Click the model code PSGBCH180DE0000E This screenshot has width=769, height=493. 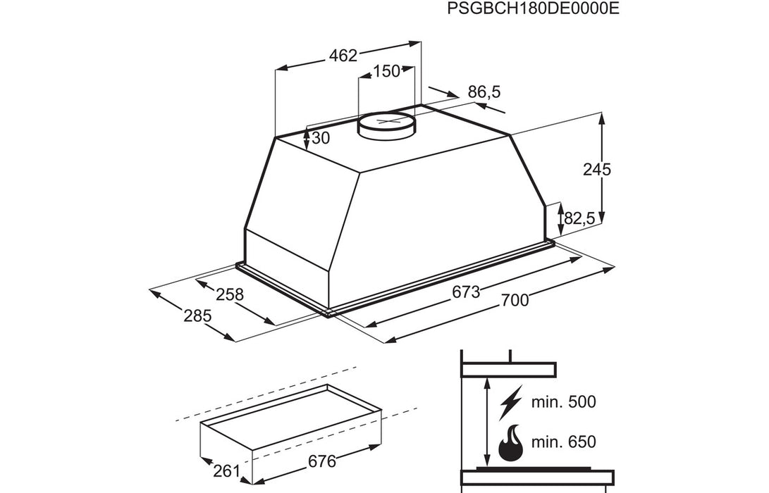click(527, 10)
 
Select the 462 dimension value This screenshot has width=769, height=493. click(344, 56)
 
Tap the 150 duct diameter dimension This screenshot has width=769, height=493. click(386, 70)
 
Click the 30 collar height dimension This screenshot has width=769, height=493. click(321, 139)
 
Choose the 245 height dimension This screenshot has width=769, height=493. click(597, 169)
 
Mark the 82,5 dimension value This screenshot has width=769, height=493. click(580, 219)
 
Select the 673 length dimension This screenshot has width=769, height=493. click(466, 291)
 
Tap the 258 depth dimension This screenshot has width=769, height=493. click(229, 294)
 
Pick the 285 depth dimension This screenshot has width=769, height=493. click(198, 316)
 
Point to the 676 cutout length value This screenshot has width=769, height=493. click(321, 462)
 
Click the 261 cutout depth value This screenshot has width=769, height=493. click(226, 471)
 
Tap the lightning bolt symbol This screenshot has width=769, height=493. click(510, 404)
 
